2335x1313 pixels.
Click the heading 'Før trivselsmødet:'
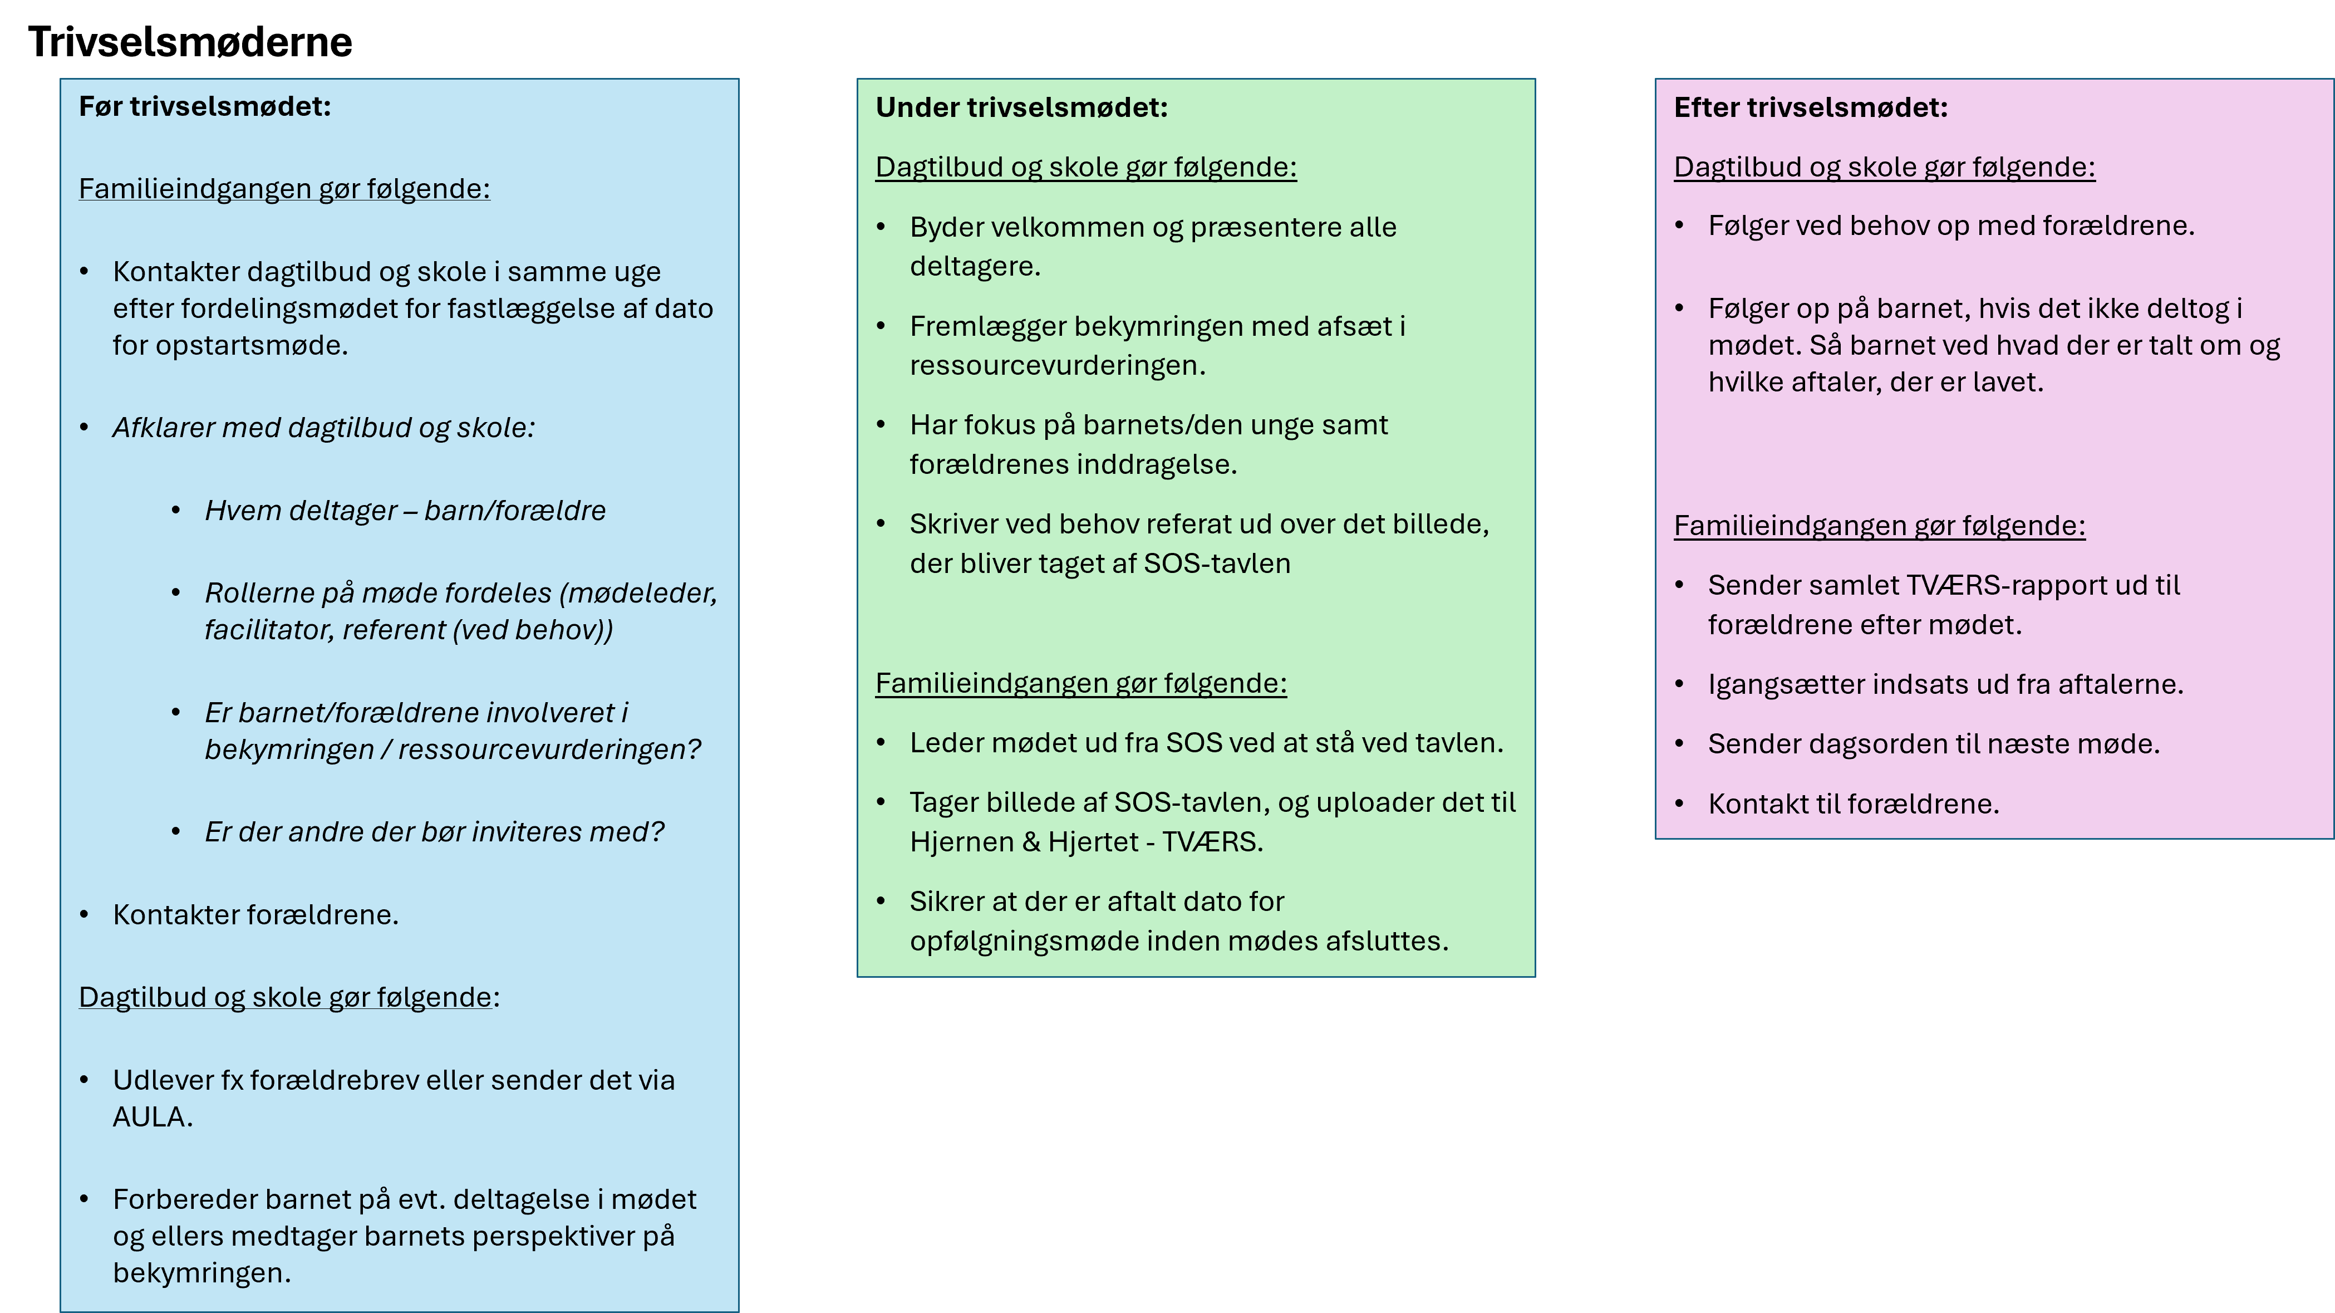pyautogui.click(x=205, y=107)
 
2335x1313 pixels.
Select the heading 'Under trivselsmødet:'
pyautogui.click(x=1021, y=108)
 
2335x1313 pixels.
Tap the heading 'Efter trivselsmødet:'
pyautogui.click(x=1810, y=108)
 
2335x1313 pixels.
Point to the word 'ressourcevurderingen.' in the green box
pyautogui.click(x=1058, y=365)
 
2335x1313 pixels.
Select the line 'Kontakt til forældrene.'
pyautogui.click(x=1853, y=804)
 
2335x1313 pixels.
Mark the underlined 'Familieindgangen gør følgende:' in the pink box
pyautogui.click(x=1879, y=526)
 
